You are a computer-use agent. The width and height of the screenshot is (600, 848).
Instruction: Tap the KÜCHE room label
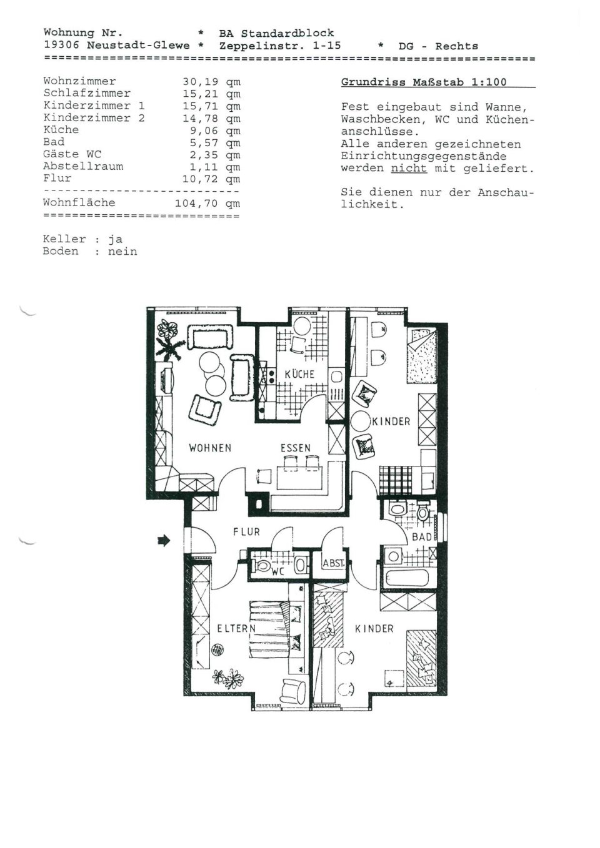point(299,375)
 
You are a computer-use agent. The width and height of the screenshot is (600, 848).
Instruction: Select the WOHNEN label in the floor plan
point(210,448)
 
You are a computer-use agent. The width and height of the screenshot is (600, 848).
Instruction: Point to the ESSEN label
point(296,448)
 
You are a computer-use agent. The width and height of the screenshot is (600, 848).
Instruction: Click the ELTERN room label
point(236,628)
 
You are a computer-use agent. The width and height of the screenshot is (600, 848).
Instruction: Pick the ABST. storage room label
point(334,563)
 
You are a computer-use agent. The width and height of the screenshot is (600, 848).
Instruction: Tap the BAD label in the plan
point(422,537)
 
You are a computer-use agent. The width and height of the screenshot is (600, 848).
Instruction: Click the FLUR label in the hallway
point(247,532)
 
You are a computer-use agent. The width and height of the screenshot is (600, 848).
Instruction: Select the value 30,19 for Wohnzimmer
point(201,82)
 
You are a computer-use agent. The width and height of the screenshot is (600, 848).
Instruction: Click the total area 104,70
point(196,204)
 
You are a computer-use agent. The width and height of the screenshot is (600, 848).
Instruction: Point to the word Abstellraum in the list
point(83,166)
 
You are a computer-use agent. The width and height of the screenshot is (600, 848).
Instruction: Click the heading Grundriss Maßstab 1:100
point(424,82)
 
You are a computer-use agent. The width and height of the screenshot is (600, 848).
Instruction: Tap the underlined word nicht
point(409,168)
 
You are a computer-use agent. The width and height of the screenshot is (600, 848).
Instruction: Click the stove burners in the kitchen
point(271,376)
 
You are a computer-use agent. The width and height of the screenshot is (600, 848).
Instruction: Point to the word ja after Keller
point(115,240)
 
